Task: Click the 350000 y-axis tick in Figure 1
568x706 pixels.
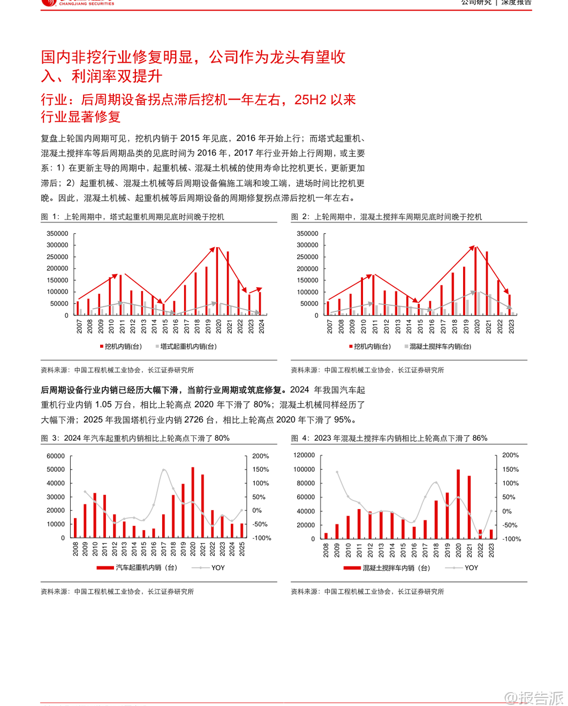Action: pyautogui.click(x=57, y=234)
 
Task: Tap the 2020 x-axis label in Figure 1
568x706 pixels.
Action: pyautogui.click(x=218, y=326)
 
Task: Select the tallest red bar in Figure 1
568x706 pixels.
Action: pyautogui.click(x=217, y=281)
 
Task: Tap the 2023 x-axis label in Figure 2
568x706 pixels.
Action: pyautogui.click(x=511, y=326)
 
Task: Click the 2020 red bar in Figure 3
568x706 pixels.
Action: pyautogui.click(x=193, y=502)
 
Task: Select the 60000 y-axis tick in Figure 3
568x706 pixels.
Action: pyautogui.click(x=56, y=456)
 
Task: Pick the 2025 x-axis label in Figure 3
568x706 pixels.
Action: pyautogui.click(x=242, y=549)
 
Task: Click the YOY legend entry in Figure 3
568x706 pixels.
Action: pyautogui.click(x=217, y=567)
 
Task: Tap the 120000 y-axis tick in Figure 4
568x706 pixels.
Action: pyautogui.click(x=304, y=455)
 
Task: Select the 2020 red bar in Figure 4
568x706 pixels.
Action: pyautogui.click(x=458, y=504)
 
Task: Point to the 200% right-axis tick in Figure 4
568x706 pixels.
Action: pyautogui.click(x=510, y=455)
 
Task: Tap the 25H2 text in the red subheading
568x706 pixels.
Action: pyautogui.click(x=309, y=100)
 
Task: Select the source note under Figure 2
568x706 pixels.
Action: pyautogui.click(x=367, y=370)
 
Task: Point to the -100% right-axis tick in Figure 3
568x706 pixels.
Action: pyautogui.click(x=261, y=538)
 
